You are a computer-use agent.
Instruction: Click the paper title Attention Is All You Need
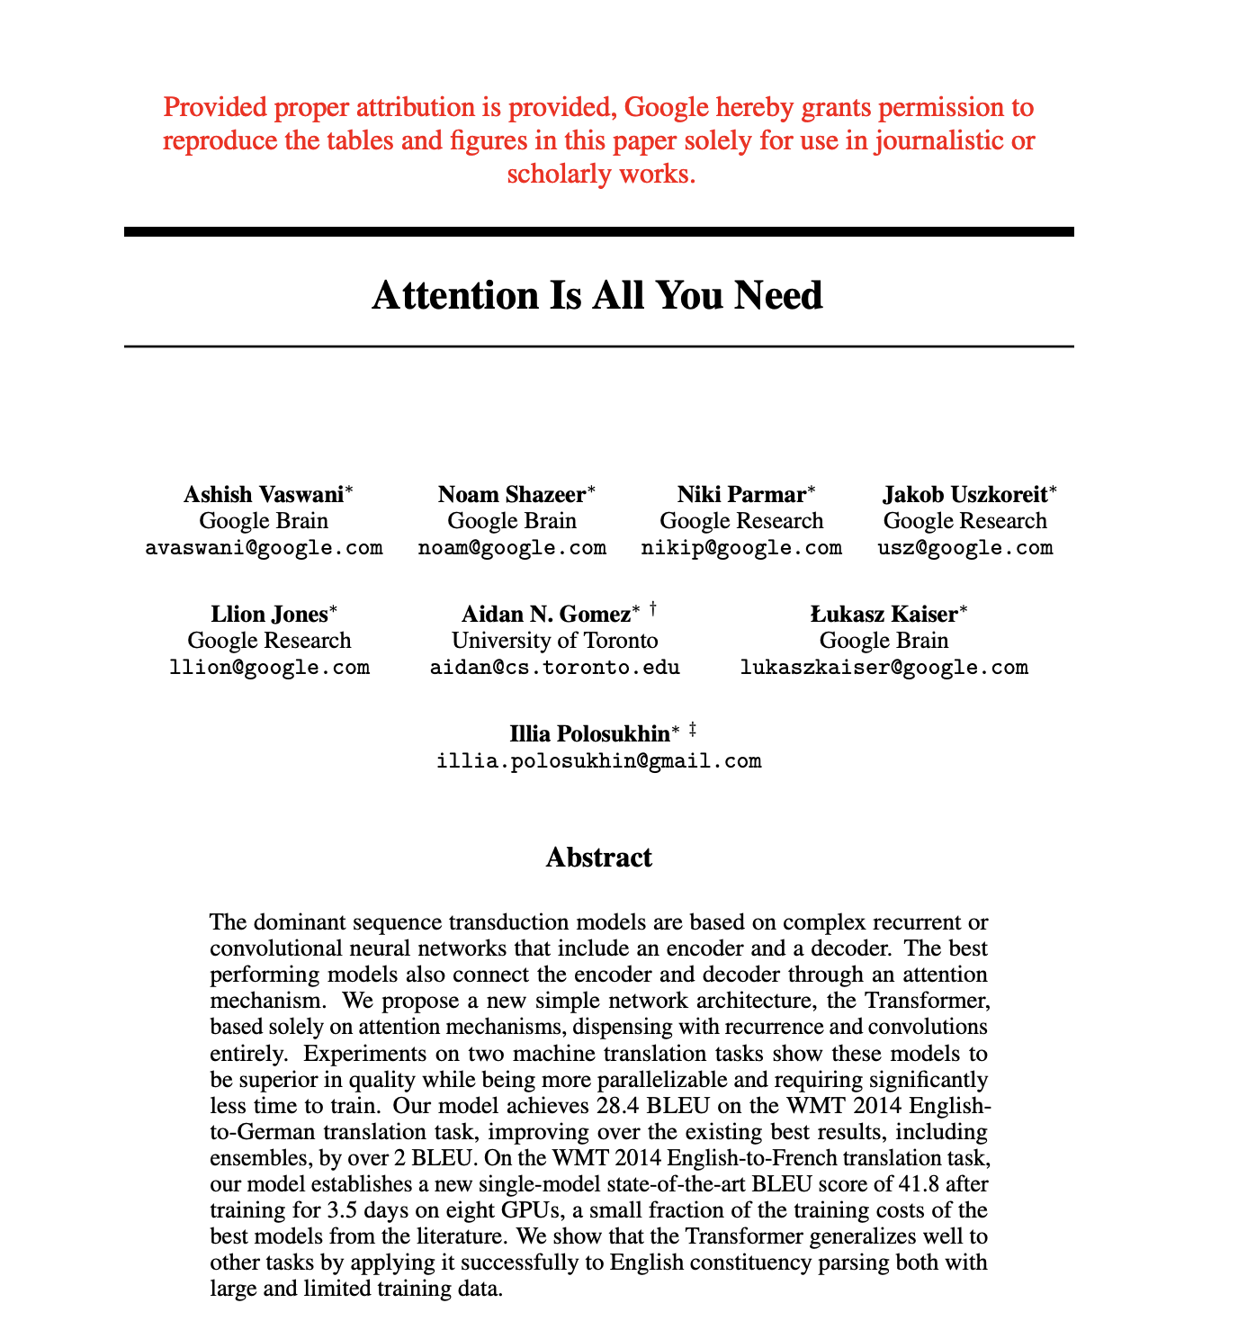click(597, 295)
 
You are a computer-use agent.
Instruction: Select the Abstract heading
click(598, 857)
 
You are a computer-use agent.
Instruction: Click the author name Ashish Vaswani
click(263, 494)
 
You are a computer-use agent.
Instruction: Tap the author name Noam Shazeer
click(512, 494)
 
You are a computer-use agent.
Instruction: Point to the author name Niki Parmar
click(741, 494)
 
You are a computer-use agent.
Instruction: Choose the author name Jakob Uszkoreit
click(964, 494)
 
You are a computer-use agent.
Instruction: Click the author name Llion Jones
click(269, 614)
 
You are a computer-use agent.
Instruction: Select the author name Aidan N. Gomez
click(545, 614)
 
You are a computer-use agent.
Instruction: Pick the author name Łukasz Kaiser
click(884, 614)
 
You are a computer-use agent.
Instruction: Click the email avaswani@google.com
click(264, 547)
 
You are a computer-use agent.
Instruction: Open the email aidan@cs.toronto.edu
click(554, 667)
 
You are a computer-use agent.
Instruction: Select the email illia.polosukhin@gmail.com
click(598, 760)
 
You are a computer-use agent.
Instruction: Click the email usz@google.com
click(964, 547)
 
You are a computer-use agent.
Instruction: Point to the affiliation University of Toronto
click(554, 641)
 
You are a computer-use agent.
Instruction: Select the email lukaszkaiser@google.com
click(884, 667)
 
